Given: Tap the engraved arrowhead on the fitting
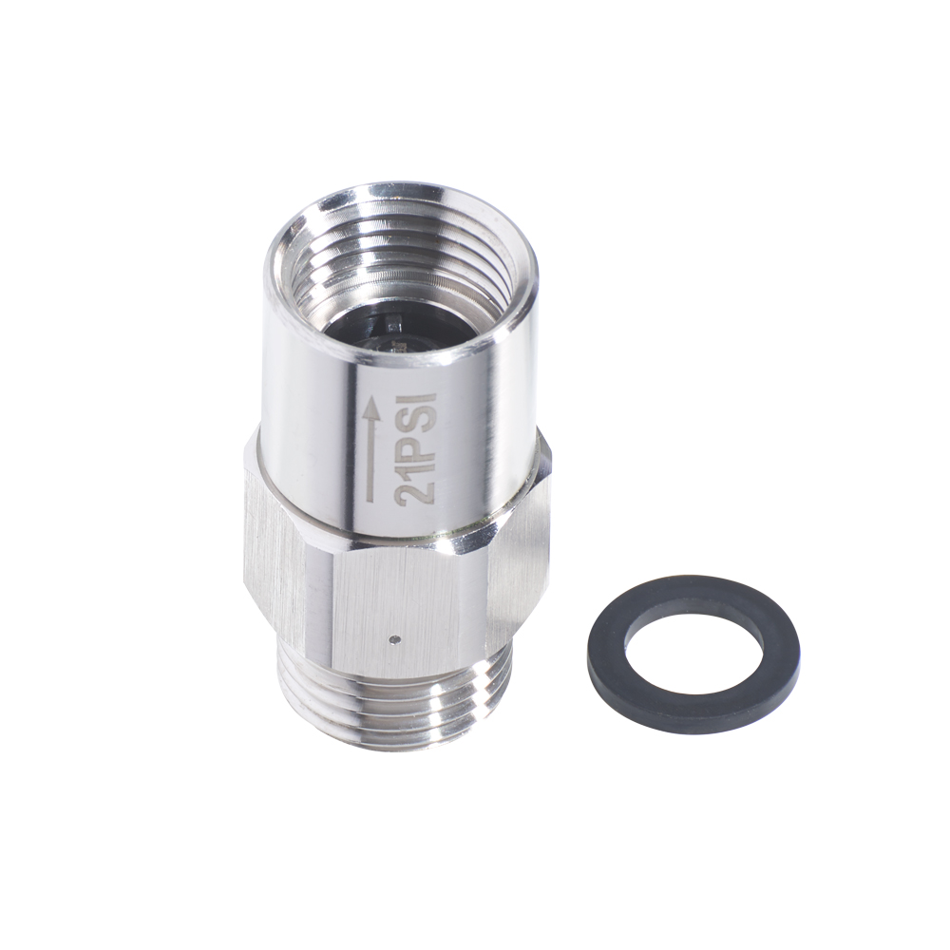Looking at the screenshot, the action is click(373, 413).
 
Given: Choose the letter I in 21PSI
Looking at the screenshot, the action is click(417, 397).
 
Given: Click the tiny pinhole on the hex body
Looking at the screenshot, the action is click(395, 637).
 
